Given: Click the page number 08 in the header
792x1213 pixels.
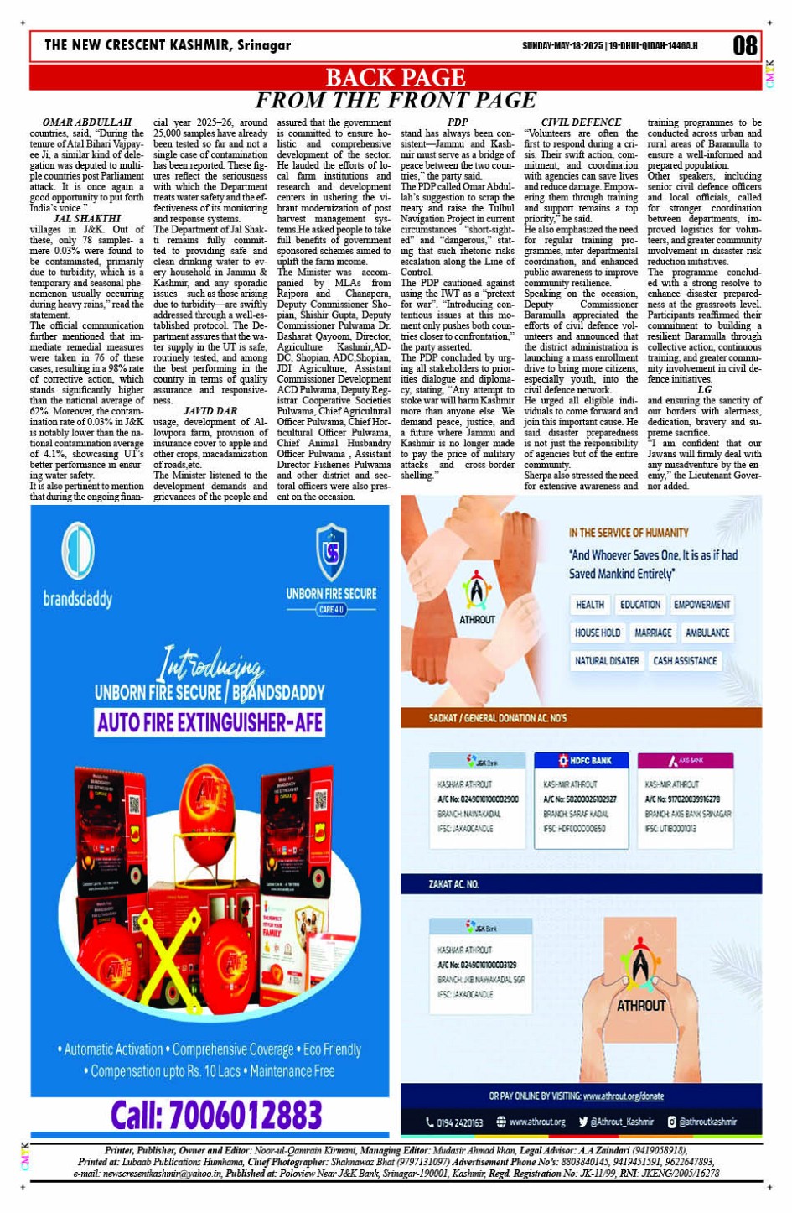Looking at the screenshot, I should point(744,45).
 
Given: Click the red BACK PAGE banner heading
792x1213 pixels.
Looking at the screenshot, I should point(395,77).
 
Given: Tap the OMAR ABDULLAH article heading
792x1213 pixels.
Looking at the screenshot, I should point(87,122).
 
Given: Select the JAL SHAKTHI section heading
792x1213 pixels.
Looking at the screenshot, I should point(87,218).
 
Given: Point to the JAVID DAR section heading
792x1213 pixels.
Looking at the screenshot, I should point(210,411).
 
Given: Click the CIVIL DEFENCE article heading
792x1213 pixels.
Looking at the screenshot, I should point(581,122).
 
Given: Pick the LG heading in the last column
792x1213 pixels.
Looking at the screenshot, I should point(704,389).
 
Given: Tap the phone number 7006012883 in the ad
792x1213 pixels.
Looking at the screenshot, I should point(216,1115).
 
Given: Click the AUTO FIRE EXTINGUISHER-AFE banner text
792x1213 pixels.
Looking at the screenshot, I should point(210,722).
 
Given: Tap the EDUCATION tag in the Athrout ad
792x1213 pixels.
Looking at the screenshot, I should point(639,605).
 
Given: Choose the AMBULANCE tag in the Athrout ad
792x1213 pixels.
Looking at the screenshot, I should point(707,633).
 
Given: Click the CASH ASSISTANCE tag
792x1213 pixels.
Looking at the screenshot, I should point(685,661).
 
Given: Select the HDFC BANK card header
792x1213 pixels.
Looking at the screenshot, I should point(585,761).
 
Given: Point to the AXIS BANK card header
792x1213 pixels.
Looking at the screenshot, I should point(686,761).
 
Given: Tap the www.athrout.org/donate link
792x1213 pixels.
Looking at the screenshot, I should point(623,1096).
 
